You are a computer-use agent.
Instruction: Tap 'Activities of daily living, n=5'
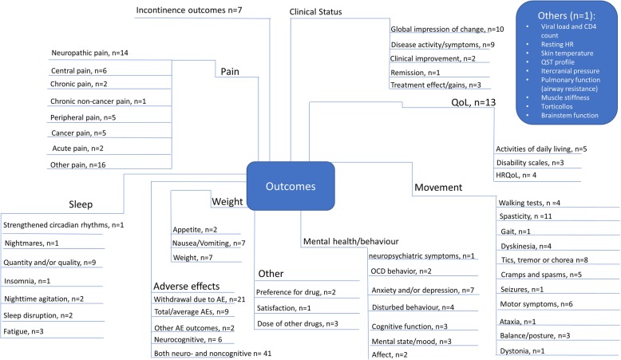point(540,148)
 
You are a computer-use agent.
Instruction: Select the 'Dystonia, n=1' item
point(524,350)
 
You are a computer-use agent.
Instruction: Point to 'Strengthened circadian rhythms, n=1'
point(62,225)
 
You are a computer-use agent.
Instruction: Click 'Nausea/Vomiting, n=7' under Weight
point(209,242)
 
